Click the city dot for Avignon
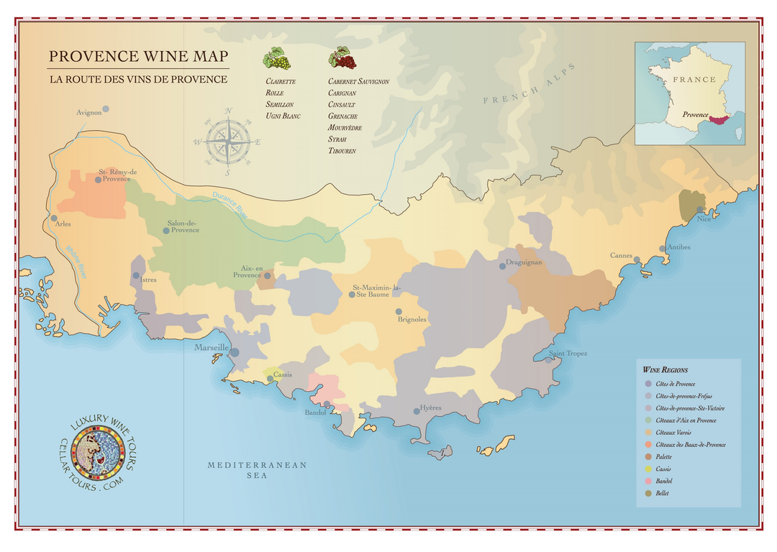(x=106, y=109)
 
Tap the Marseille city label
(x=211, y=348)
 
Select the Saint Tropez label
(x=568, y=354)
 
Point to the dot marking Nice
(x=699, y=210)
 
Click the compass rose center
(x=227, y=142)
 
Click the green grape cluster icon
(x=276, y=58)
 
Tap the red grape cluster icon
(x=342, y=57)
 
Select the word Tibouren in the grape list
(x=342, y=151)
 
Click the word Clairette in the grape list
(x=281, y=82)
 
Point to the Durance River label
(x=230, y=206)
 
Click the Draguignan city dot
(x=502, y=266)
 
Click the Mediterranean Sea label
(x=257, y=470)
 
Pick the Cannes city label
(x=621, y=256)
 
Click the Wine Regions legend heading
(x=665, y=369)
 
